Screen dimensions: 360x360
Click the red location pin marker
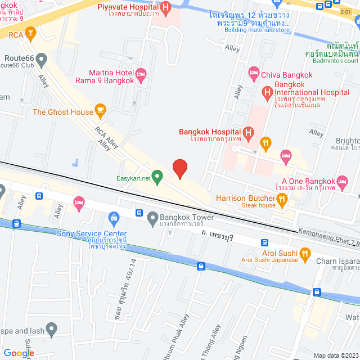pyautogui.click(x=179, y=169)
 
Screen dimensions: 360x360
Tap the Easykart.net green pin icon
pyautogui.click(x=158, y=178)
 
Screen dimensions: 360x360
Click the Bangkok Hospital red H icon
pyautogui.click(x=249, y=132)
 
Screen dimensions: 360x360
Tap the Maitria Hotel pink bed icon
pyautogui.click(x=141, y=73)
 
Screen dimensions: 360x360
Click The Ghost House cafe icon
pyautogui.click(x=101, y=109)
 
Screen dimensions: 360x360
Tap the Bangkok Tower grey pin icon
pyautogui.click(x=152, y=217)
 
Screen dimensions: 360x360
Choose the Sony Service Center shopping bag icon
pyautogui.click(x=114, y=218)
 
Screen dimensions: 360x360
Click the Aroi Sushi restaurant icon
pyautogui.click(x=305, y=255)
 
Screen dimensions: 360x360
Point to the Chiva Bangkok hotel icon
pyautogui.click(x=254, y=73)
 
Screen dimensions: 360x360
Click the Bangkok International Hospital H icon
pyautogui.click(x=266, y=92)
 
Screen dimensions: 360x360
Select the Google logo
pyautogui.click(x=19, y=353)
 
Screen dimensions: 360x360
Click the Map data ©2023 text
pyautogui.click(x=335, y=355)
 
